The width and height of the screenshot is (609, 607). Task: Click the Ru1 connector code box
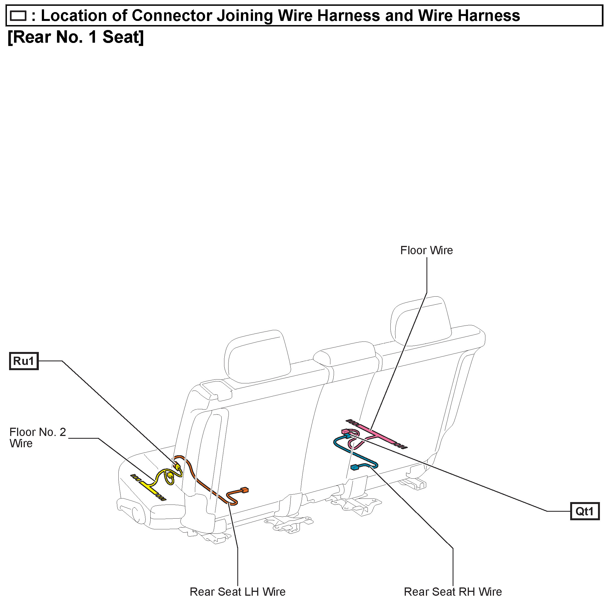[x=24, y=361]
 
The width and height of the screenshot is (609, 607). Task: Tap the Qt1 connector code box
[x=584, y=511]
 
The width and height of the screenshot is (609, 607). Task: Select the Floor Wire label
[x=426, y=250]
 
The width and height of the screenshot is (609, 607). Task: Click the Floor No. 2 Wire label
[x=37, y=438]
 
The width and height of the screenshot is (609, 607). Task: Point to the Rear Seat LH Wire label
[x=237, y=592]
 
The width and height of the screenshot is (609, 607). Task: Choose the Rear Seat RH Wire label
[x=453, y=592]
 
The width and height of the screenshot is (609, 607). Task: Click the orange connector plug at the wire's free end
[x=244, y=490]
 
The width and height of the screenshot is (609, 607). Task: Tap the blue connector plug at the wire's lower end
[x=355, y=467]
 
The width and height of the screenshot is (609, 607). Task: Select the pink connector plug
[x=345, y=431]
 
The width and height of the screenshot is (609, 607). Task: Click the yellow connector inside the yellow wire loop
[x=170, y=475]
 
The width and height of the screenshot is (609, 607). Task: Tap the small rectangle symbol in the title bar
[x=18, y=15]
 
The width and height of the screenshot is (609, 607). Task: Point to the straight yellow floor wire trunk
[x=148, y=487]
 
